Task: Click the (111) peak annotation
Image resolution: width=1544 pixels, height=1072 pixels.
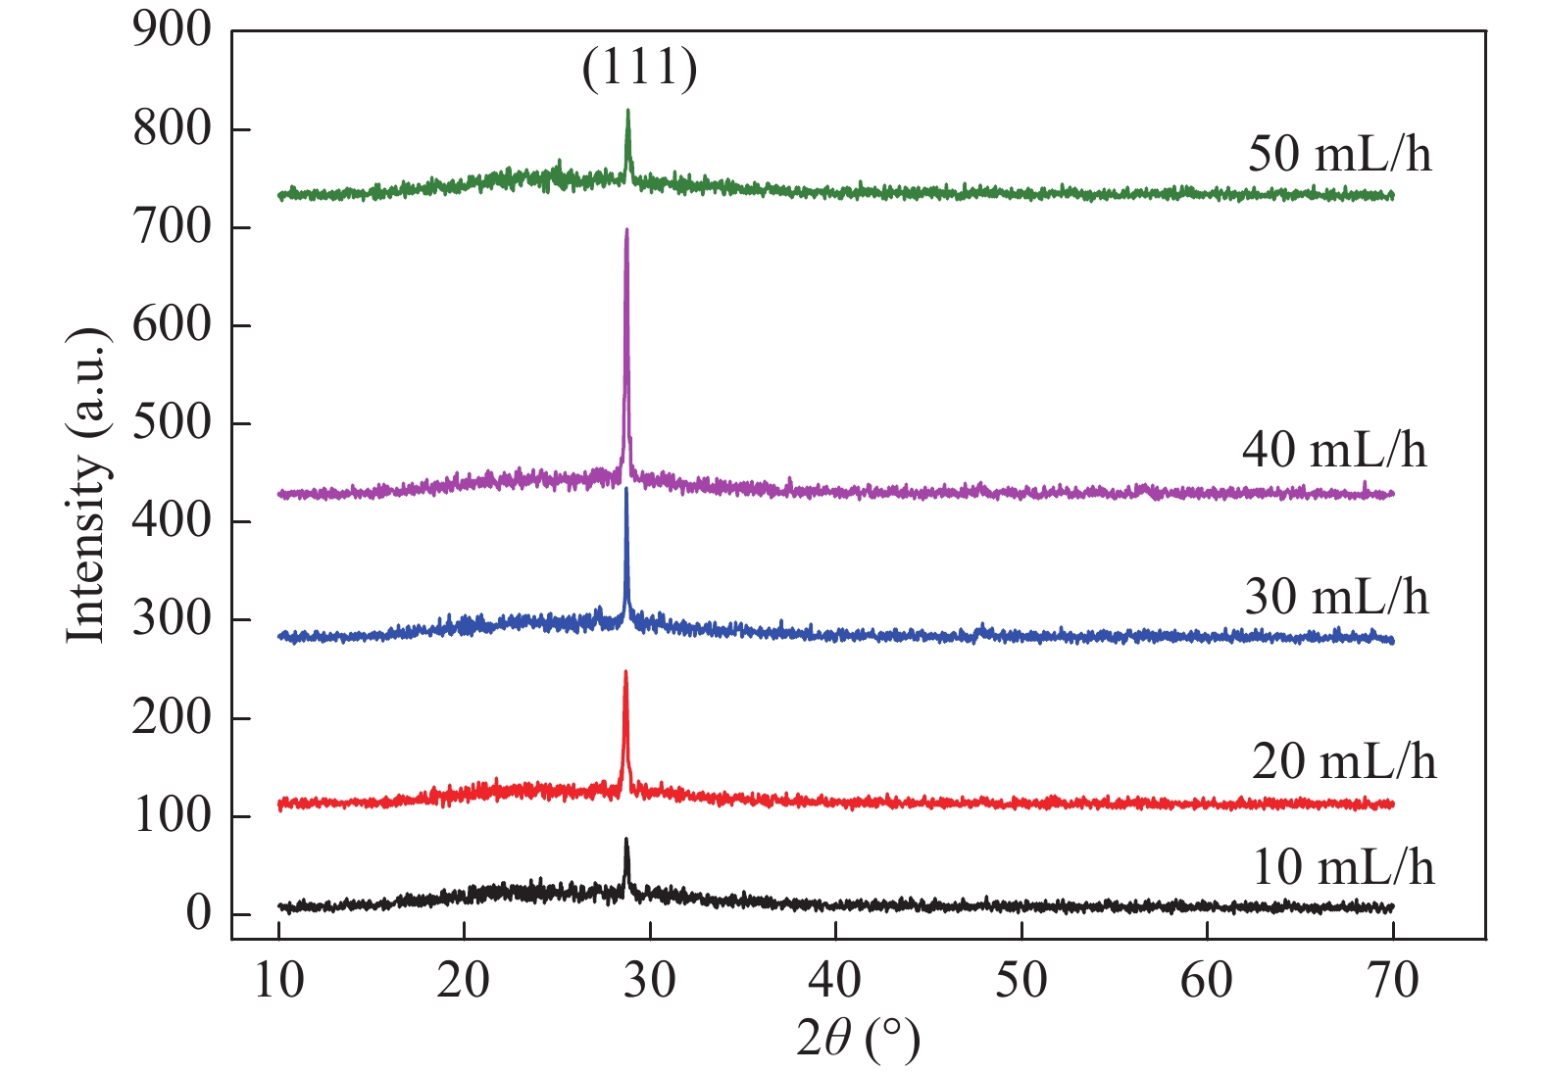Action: tap(639, 69)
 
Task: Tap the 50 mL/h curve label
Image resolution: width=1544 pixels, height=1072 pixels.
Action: tap(1339, 154)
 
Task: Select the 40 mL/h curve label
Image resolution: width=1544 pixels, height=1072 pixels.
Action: tap(1334, 450)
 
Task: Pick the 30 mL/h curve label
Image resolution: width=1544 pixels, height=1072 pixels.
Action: tap(1336, 596)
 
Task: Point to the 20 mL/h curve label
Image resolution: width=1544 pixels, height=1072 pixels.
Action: tap(1343, 761)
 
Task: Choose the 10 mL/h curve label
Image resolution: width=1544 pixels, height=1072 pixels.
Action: tap(1343, 866)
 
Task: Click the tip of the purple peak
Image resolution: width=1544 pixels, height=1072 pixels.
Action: tap(626, 230)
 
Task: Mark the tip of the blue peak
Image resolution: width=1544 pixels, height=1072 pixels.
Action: tap(626, 488)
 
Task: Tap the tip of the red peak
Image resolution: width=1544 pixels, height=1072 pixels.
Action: tap(625, 672)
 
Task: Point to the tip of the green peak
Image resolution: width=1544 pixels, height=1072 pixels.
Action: tap(627, 111)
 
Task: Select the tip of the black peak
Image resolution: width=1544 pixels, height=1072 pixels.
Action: tap(626, 840)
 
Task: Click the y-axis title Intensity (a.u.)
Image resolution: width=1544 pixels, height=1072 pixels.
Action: tap(86, 485)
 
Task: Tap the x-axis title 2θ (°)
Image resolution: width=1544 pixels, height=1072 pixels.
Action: tap(858, 1040)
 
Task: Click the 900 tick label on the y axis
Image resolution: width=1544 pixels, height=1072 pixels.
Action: tap(173, 30)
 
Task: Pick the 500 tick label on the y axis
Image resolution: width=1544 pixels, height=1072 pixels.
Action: tap(173, 423)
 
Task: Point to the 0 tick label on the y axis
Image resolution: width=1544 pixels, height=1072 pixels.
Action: tap(199, 913)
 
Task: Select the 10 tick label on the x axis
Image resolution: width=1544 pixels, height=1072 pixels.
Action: tap(279, 980)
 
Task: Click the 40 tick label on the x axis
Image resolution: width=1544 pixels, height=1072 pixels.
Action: tap(835, 980)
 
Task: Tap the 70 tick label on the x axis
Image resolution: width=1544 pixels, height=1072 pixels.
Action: tap(1392, 980)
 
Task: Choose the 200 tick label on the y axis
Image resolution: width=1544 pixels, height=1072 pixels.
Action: tap(173, 717)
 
